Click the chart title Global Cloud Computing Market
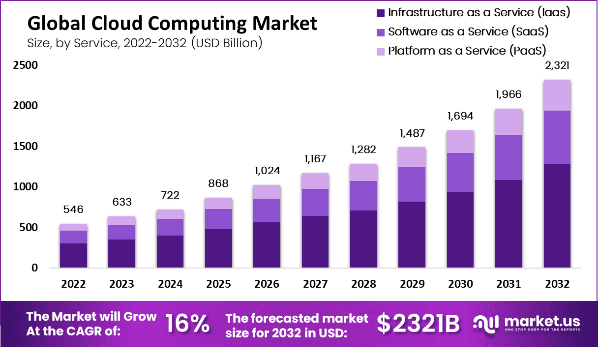172,23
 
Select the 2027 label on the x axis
315,284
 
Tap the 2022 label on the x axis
73,284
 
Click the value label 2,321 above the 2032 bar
557,66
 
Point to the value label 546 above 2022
73,210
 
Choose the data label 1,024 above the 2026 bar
267,171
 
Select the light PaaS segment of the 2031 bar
508,121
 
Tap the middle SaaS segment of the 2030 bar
460,172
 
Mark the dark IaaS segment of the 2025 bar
218,248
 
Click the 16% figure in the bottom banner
187,324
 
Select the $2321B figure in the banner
419,324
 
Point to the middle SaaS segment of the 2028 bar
363,195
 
